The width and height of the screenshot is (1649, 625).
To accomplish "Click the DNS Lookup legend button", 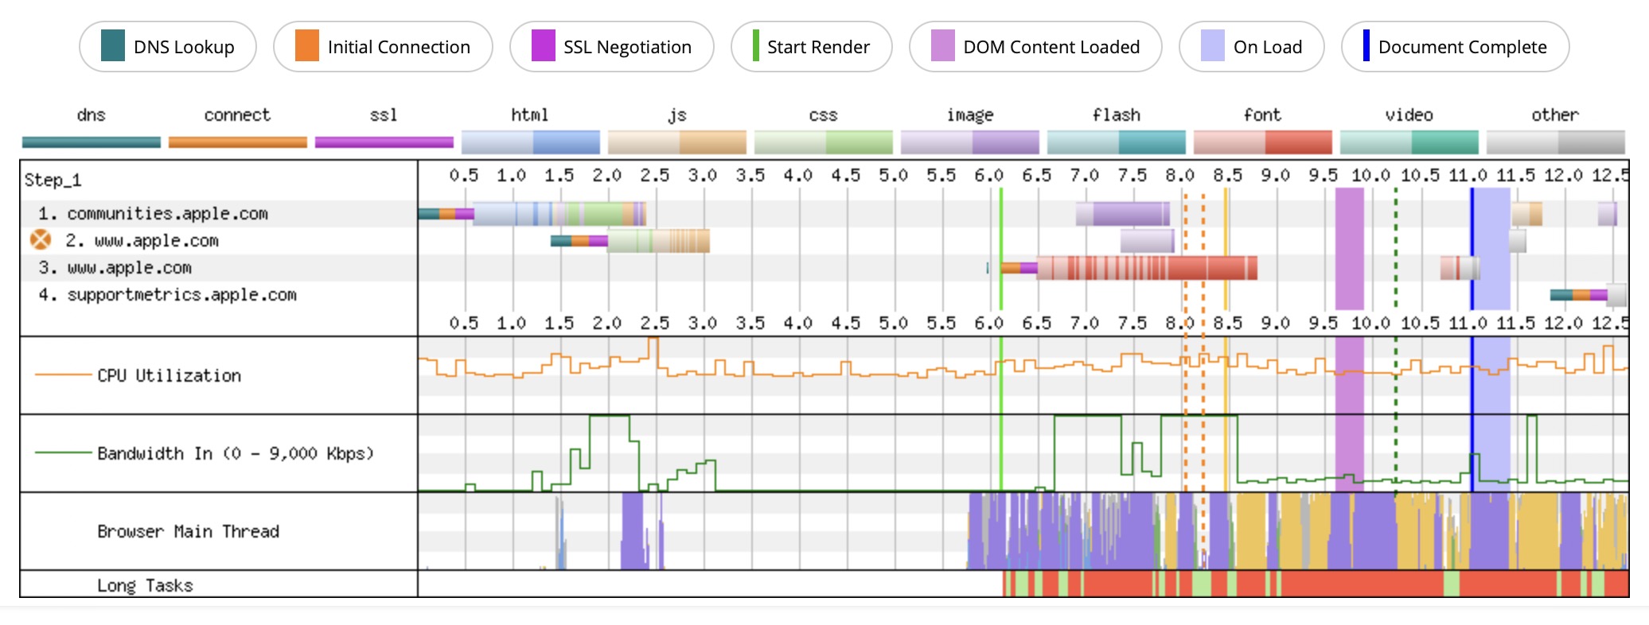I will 168,47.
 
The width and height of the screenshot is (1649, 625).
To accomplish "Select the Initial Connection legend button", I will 383,47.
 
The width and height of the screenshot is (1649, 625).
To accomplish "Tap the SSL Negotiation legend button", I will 611,47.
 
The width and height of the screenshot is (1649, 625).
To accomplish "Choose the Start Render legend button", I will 811,47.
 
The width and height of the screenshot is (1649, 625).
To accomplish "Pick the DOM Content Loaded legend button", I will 1035,47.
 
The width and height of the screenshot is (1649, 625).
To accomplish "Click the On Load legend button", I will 1251,47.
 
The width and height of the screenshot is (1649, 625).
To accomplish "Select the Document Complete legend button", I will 1455,47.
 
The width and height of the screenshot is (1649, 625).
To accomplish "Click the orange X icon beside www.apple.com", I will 41,239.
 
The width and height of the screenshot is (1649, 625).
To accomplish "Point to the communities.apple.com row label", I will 167,213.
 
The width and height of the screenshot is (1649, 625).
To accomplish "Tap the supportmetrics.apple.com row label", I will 181,294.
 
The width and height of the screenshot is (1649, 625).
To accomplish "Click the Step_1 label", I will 53,180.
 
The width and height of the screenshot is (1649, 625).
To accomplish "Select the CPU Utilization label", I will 169,375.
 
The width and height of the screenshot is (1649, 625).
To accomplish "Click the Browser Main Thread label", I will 188,531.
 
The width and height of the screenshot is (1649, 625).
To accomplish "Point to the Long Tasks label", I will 145,585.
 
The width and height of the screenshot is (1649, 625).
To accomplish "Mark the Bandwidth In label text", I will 235,453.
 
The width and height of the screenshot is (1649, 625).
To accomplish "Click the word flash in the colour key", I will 1116,115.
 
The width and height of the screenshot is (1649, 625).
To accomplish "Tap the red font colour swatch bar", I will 1262,142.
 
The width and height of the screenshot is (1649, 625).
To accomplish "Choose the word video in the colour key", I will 1409,115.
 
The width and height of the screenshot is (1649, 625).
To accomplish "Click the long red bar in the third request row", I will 1146,268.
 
